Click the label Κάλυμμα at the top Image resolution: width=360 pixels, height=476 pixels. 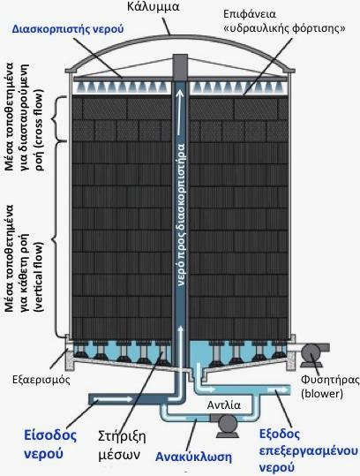point(154,7)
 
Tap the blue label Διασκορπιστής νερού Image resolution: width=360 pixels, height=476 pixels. point(68,29)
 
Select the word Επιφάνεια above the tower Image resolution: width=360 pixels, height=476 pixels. point(250,14)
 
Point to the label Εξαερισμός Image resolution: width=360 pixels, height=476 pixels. point(41,380)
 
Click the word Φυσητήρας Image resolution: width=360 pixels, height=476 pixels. point(330,380)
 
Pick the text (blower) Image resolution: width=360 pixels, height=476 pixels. point(322,394)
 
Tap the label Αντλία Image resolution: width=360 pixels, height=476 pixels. point(224,405)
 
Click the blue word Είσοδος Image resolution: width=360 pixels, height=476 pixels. point(50,435)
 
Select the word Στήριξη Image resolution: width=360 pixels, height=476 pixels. point(122,437)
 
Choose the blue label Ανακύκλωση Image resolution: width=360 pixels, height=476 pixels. point(193,457)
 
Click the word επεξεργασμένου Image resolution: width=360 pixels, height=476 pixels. point(309,451)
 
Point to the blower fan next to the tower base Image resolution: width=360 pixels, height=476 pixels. point(310,352)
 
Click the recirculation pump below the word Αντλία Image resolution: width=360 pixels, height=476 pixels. point(228,423)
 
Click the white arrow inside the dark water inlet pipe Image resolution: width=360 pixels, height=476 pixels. point(114,398)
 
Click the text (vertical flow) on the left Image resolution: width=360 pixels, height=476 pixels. point(39,273)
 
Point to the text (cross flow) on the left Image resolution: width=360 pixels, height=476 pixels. point(39,130)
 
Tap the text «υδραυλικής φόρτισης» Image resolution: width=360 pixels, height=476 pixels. point(284,29)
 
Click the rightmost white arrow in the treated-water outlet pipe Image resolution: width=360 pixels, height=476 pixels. point(276,389)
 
